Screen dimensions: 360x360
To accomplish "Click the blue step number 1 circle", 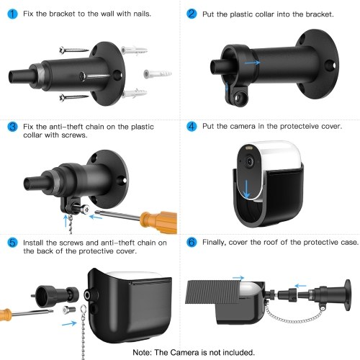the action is coord(12,14).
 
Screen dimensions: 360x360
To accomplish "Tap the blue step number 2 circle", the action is coord(192,14).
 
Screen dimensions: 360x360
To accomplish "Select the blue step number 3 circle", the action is coord(12,127).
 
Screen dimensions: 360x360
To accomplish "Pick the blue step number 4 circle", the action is coord(192,126).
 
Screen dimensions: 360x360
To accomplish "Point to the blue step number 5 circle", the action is coord(12,243).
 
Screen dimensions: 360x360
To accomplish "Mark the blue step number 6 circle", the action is coord(192,242).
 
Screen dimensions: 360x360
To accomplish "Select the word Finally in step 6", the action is coord(214,243).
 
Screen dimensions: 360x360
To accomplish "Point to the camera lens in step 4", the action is coord(250,161).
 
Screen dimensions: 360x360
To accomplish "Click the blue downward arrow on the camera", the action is coord(246,189).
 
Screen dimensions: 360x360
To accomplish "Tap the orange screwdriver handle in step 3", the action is coord(159,221).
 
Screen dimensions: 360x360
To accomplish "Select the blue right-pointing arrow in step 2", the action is coord(253,63).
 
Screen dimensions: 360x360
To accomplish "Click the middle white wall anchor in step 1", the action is coord(158,74).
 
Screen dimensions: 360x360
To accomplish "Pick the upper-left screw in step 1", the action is coord(74,50).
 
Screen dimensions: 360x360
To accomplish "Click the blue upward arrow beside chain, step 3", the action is coord(66,221).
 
